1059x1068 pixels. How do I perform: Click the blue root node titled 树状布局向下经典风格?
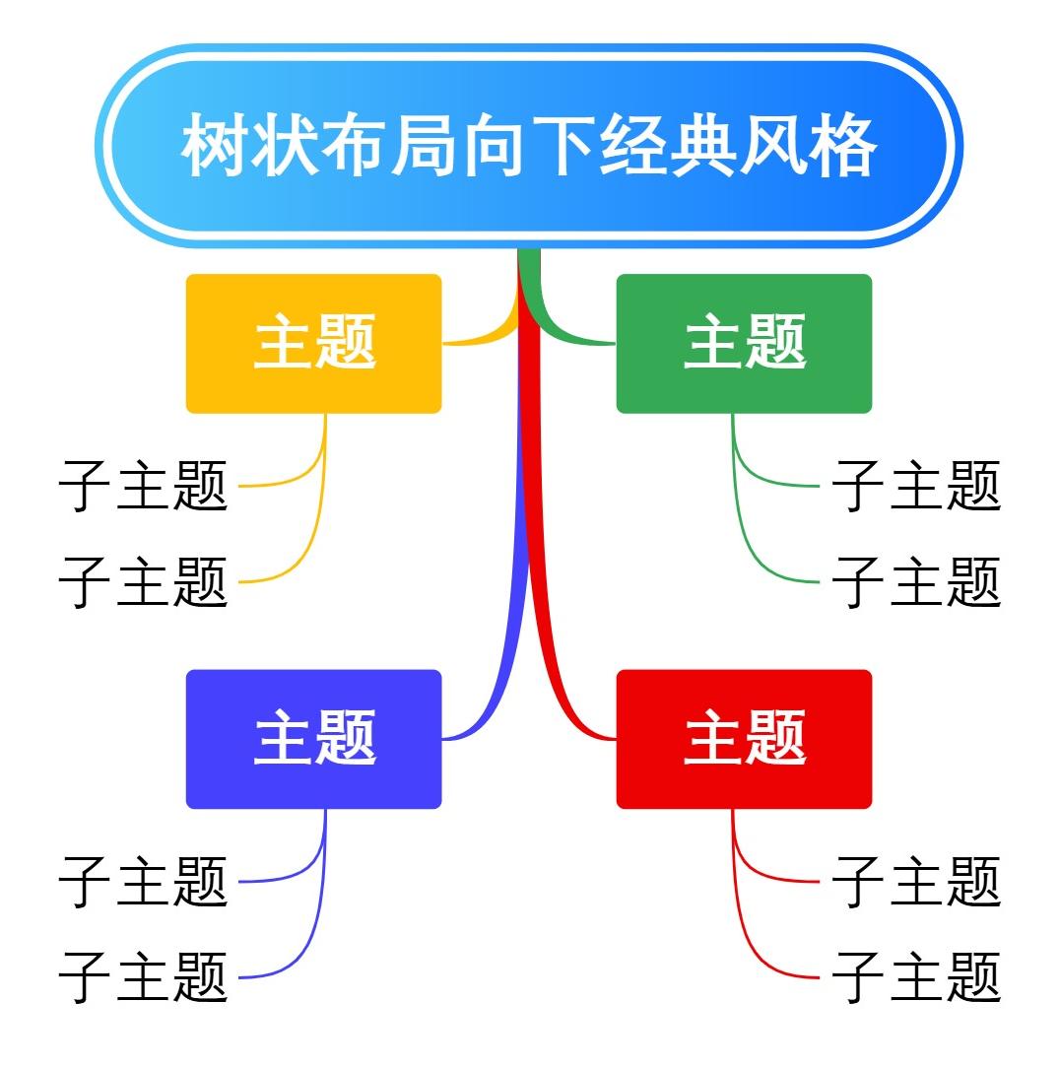pos(529,146)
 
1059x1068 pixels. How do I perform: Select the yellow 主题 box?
pos(313,343)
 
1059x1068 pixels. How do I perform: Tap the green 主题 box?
pos(744,343)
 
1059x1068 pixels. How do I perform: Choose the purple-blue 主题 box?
pos(313,739)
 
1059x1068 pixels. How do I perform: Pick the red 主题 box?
pos(744,739)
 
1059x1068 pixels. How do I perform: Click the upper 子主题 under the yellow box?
pos(144,486)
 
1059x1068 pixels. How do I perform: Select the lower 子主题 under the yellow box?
pos(144,581)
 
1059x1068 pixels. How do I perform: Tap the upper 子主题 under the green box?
pos(916,486)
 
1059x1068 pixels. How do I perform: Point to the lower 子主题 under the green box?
pos(916,581)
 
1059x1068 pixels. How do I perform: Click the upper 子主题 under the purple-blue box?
pos(144,881)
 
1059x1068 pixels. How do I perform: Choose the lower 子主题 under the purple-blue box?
pos(144,976)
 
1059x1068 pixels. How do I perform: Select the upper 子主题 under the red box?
pos(916,881)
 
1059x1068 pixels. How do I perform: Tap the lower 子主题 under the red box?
pos(916,976)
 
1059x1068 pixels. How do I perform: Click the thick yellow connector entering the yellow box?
pos(483,338)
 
